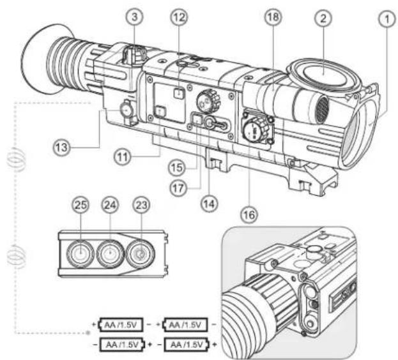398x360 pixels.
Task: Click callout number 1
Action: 384,22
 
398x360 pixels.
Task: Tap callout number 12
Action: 178,20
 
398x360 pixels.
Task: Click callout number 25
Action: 79,206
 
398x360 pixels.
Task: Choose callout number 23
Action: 141,206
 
